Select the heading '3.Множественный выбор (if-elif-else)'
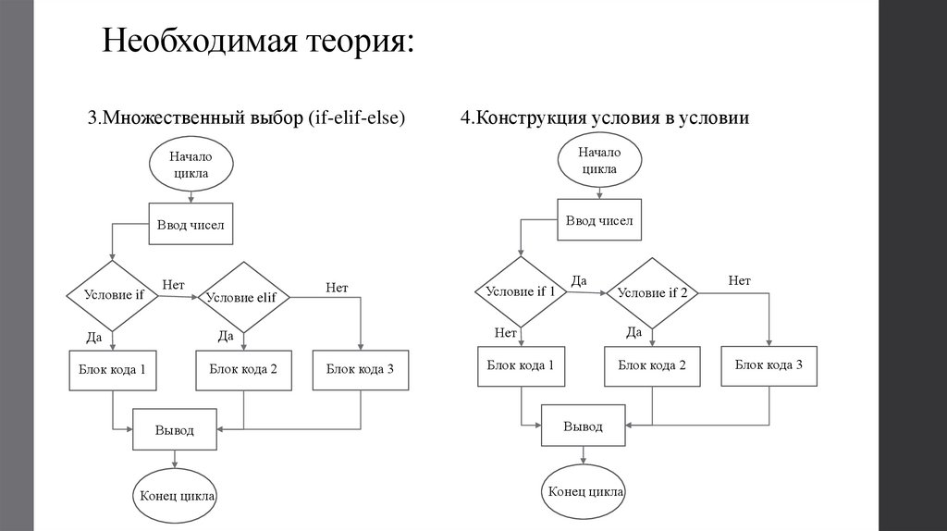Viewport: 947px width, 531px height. (x=247, y=118)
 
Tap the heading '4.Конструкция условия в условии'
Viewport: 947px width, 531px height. (x=604, y=118)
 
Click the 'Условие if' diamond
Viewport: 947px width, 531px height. (x=114, y=296)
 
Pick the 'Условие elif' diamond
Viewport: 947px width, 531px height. (x=243, y=297)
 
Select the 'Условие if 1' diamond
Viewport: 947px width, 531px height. (x=521, y=291)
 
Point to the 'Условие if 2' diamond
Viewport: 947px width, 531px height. (x=653, y=292)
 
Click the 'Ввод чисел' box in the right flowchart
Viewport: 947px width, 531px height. (x=598, y=221)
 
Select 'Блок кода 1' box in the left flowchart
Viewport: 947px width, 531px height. (x=112, y=370)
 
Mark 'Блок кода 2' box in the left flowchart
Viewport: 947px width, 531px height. (x=243, y=370)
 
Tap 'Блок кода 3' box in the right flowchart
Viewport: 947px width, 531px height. (x=769, y=364)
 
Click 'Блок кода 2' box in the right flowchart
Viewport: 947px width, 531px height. (x=652, y=365)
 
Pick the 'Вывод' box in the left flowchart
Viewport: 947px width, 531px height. (x=175, y=430)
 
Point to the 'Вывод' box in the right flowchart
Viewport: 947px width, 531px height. (x=584, y=426)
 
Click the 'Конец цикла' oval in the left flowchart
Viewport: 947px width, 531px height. (x=178, y=496)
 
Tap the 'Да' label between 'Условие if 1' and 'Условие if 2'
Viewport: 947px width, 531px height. (x=579, y=280)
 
